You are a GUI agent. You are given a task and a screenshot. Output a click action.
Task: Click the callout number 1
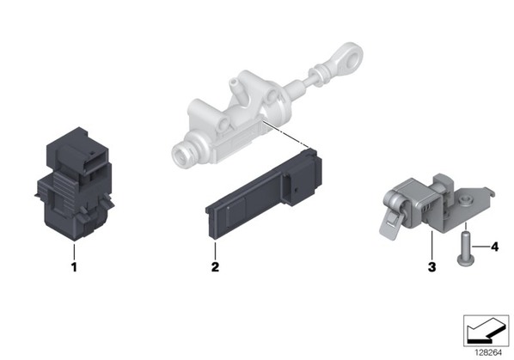click(74, 267)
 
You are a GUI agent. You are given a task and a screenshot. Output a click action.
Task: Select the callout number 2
click(215, 267)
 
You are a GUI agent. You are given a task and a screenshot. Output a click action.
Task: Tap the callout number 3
click(432, 267)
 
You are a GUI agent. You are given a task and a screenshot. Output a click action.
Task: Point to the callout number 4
click(494, 247)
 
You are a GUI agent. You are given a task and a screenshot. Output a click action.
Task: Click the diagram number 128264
click(488, 353)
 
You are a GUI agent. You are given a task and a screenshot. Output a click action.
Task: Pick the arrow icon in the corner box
click(486, 333)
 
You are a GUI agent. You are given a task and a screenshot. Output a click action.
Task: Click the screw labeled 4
click(464, 248)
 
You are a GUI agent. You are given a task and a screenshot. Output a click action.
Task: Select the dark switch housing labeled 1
click(75, 184)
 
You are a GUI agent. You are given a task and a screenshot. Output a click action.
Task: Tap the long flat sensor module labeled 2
click(264, 194)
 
